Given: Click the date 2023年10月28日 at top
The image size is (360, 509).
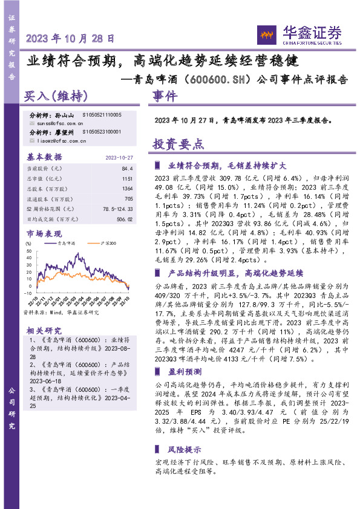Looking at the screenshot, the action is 70,38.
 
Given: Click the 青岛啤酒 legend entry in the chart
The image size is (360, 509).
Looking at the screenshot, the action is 65,244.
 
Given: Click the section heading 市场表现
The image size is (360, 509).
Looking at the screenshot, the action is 44,233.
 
